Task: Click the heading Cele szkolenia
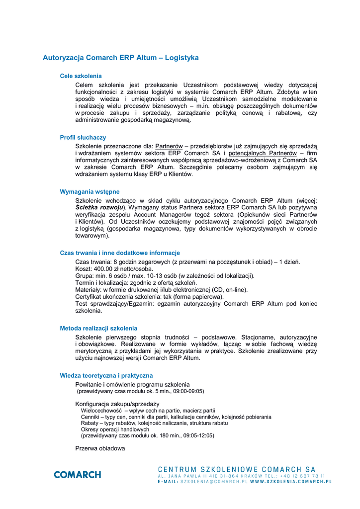pyautogui.click(x=81, y=76)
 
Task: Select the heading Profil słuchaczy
pyautogui.click(x=83, y=137)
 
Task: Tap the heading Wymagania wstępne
pyautogui.click(x=90, y=191)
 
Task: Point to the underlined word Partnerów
pyautogui.click(x=169, y=146)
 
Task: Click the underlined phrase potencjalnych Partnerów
pyautogui.click(x=262, y=154)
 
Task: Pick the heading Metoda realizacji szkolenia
pyautogui.click(x=98, y=328)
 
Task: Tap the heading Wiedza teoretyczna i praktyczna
pyautogui.click(x=106, y=375)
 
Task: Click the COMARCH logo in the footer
pyautogui.click(x=77, y=474)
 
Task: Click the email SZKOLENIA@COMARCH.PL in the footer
pyautogui.click(x=210, y=482)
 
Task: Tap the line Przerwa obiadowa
pyautogui.click(x=100, y=448)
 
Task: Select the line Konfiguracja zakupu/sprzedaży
pyautogui.click(x=117, y=404)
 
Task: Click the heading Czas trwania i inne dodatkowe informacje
pyautogui.click(x=120, y=253)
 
